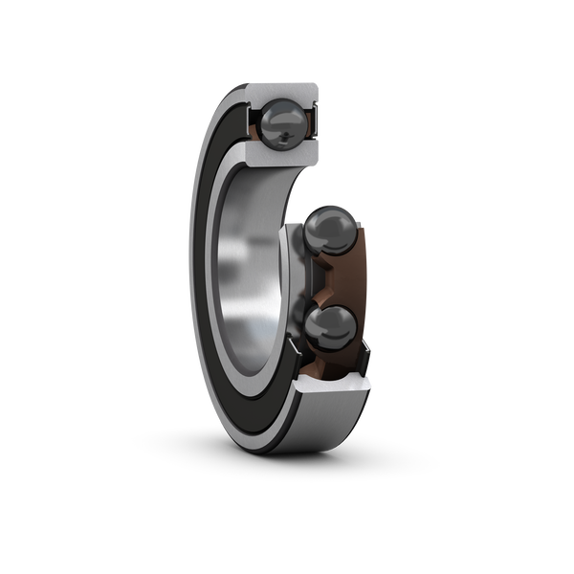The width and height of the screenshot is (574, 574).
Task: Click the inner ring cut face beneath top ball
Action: pos(277,160)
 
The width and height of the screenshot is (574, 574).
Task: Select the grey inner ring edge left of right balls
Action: pos(287,277)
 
